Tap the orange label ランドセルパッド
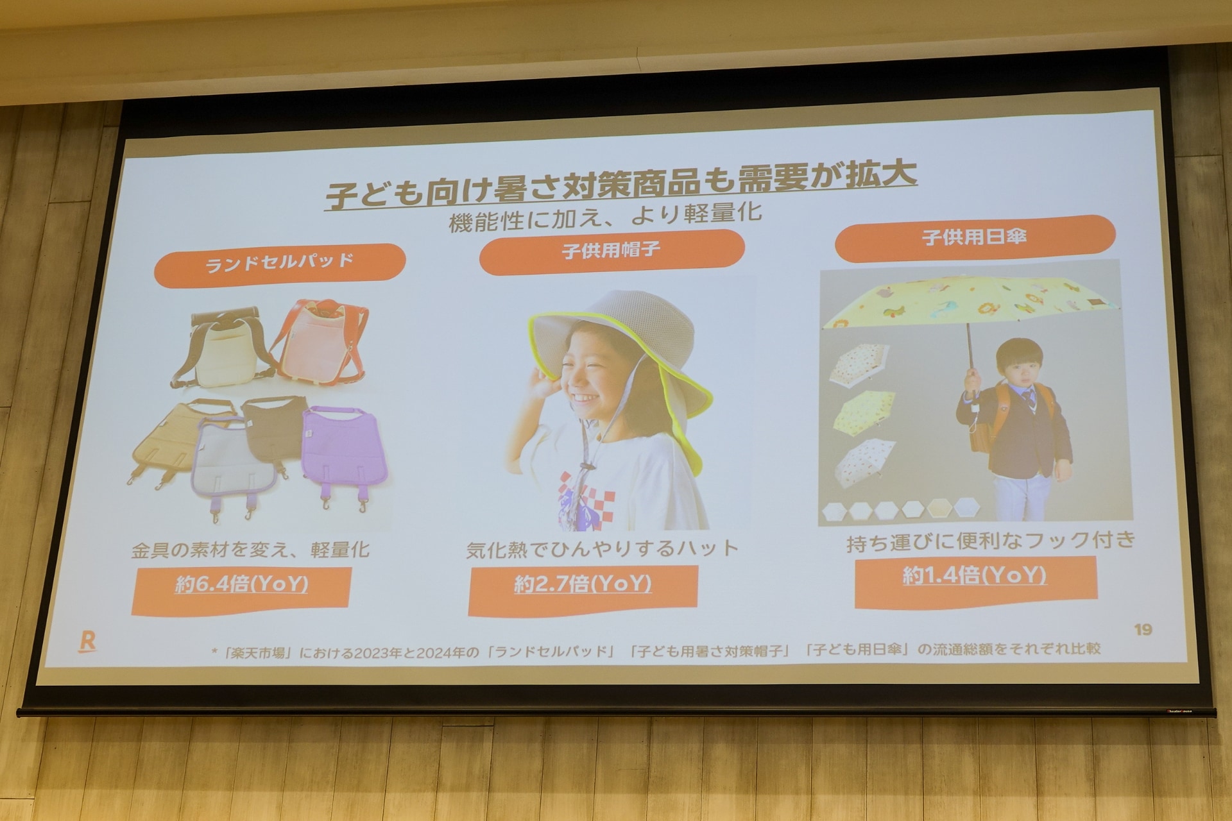coord(280,264)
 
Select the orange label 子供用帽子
coord(611,251)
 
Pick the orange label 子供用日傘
coord(974,237)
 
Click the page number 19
coord(1143,629)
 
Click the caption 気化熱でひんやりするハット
coord(603,549)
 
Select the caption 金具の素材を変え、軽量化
coord(250,550)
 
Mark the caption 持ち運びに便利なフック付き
coord(991,541)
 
